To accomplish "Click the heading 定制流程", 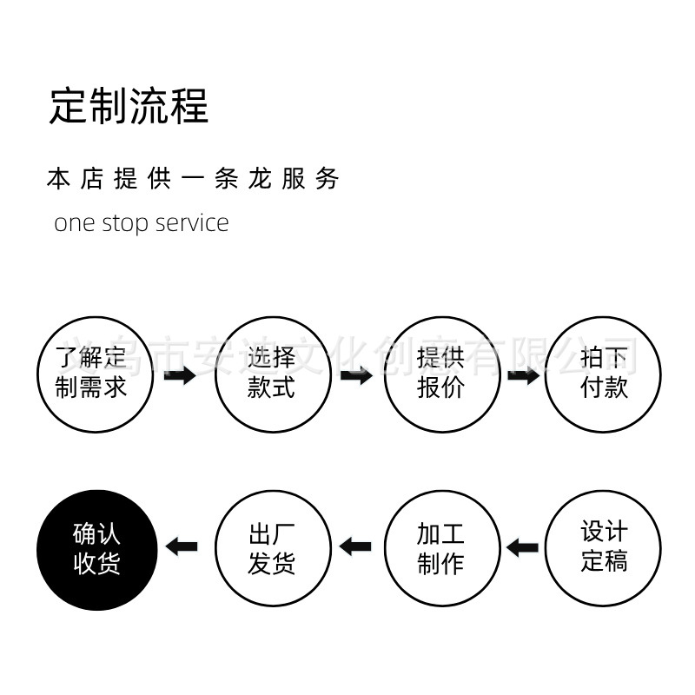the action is tap(129, 105).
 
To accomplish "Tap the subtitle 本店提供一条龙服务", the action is tap(192, 179).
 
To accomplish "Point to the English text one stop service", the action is tap(142, 222).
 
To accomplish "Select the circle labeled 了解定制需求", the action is tap(95, 374).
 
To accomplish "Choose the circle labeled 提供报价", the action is tap(442, 374).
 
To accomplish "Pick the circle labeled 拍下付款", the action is tap(604, 374).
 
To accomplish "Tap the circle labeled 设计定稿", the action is tap(604, 547).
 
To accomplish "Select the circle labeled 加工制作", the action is tap(442, 547).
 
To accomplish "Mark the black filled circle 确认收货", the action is tap(95, 547).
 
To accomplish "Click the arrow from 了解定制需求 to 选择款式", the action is tap(180, 376).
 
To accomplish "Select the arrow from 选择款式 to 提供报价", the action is tap(356, 376).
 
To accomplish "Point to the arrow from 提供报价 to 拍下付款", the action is tap(523, 376).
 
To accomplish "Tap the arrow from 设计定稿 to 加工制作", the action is tap(523, 547).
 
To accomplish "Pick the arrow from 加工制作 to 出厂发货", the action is tap(355, 547).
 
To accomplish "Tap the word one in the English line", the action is tap(73, 223).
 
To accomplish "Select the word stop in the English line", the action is tap(127, 223).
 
